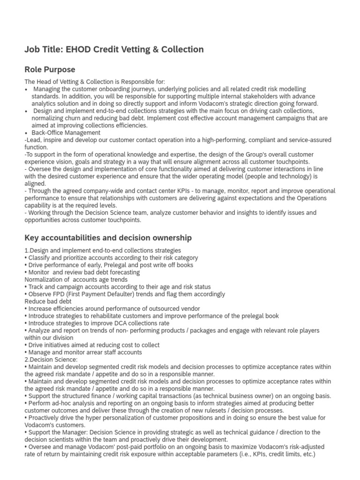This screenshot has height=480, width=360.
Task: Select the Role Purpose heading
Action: (50, 69)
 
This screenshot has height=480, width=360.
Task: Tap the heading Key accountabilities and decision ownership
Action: (108, 238)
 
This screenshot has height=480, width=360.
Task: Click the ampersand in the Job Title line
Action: (159, 49)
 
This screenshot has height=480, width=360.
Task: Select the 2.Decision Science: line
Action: (51, 360)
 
